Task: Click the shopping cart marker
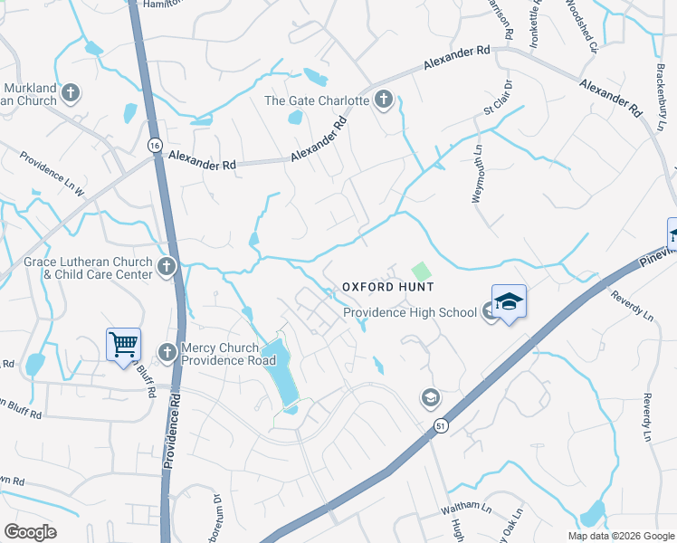(123, 345)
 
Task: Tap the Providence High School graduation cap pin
(509, 300)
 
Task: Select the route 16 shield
(155, 146)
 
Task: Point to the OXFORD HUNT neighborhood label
(387, 287)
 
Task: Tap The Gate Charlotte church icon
(384, 100)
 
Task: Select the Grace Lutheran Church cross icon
(166, 266)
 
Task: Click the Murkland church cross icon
(70, 92)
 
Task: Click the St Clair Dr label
(497, 98)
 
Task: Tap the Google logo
(30, 532)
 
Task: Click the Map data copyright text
(621, 536)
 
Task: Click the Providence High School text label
(409, 313)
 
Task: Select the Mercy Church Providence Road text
(228, 353)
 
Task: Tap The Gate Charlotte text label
(316, 100)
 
